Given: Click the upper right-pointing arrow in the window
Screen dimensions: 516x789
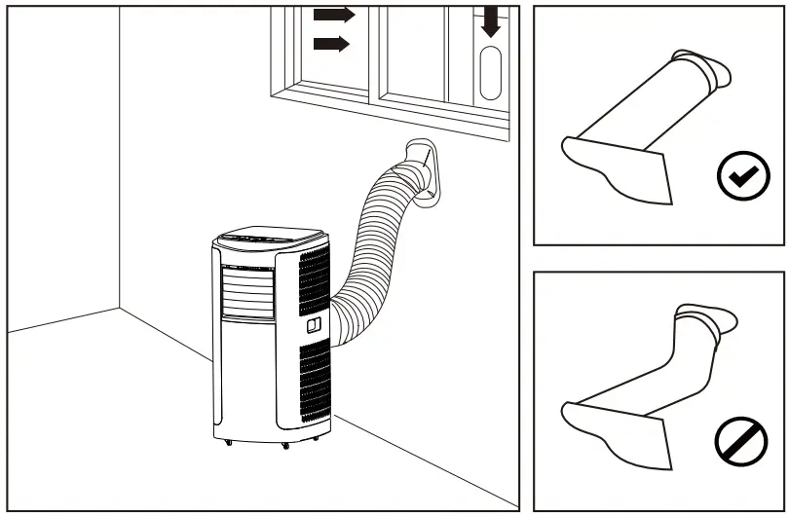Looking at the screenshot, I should [334, 15].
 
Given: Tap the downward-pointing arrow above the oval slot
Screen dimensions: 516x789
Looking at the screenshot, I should [491, 20].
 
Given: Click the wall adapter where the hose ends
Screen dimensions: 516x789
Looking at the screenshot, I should [423, 173].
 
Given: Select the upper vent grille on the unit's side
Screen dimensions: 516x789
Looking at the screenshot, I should [314, 280].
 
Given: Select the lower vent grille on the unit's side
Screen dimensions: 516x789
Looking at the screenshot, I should [314, 384].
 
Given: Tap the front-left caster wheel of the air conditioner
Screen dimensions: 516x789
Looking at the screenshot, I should [229, 444].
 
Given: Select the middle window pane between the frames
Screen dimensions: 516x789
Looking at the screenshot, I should [409, 49].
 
